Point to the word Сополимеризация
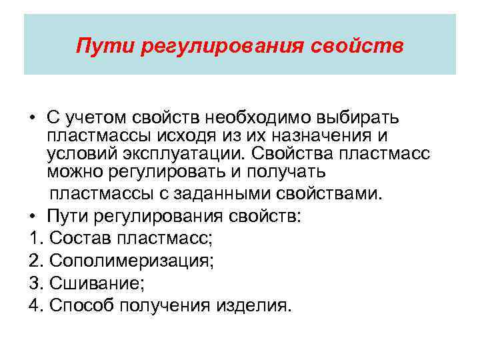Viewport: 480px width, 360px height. point(131,260)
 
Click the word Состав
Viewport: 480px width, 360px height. point(74,238)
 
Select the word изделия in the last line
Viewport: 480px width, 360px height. point(255,305)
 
